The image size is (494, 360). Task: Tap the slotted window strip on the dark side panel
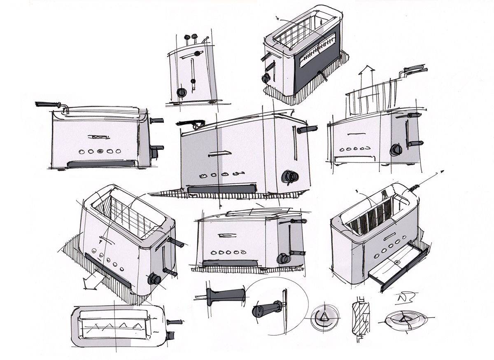coord(317,55)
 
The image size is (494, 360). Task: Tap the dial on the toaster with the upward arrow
coord(396,150)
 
